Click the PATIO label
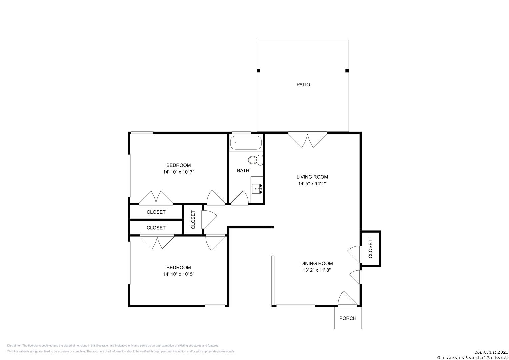click(x=303, y=85)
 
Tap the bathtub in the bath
click(x=246, y=143)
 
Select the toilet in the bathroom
click(x=255, y=160)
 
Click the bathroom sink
click(x=257, y=189)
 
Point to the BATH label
click(x=243, y=170)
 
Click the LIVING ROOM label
click(x=312, y=177)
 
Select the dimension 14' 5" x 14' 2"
click(x=312, y=183)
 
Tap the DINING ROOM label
click(x=317, y=263)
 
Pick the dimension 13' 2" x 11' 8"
click(x=317, y=270)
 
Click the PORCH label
click(x=348, y=318)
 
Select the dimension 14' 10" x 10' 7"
click(x=179, y=172)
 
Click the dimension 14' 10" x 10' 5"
click(x=179, y=274)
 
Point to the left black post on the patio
click(x=259, y=71)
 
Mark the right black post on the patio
click(x=347, y=71)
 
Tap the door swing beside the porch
click(x=347, y=298)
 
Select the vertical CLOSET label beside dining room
click(x=370, y=249)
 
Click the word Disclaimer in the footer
click(x=14, y=346)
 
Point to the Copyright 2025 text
click(x=491, y=352)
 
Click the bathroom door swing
click(x=240, y=197)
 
